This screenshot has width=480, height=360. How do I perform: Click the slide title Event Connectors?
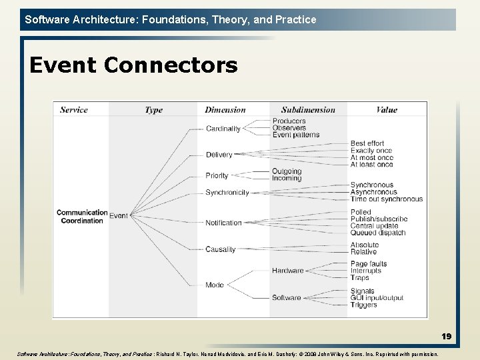(x=133, y=65)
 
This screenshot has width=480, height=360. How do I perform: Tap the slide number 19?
(x=446, y=337)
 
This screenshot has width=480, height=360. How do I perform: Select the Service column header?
(x=74, y=110)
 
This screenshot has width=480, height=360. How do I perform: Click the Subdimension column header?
(x=308, y=110)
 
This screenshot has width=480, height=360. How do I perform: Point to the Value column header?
(x=387, y=110)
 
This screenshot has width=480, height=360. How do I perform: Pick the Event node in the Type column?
(x=119, y=216)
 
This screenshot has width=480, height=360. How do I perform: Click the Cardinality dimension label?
(x=223, y=129)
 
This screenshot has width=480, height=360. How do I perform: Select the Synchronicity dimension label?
(x=227, y=193)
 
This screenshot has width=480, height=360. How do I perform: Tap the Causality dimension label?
(x=220, y=249)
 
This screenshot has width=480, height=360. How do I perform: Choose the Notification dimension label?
(x=223, y=223)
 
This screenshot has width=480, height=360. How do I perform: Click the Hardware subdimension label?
(x=287, y=271)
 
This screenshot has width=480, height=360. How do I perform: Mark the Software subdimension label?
(x=286, y=297)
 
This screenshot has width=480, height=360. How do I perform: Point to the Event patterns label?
(x=295, y=135)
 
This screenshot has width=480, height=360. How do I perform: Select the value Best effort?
(x=367, y=143)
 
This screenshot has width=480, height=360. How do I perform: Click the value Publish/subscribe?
(x=379, y=219)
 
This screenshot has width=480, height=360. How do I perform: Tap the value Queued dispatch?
(x=378, y=233)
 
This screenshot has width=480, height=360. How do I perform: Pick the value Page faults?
(x=369, y=264)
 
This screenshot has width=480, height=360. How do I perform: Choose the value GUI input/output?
(x=377, y=298)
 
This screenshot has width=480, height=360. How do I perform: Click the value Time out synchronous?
(x=386, y=199)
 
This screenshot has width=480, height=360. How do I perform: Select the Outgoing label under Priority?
(x=287, y=171)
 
